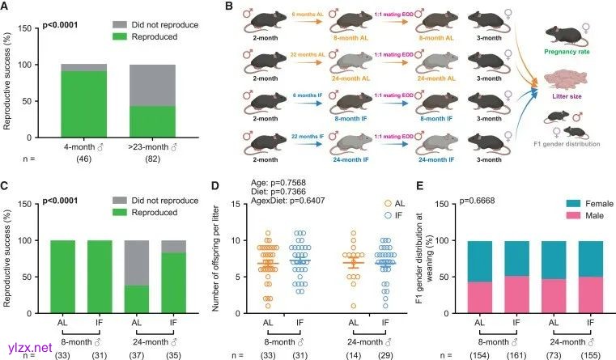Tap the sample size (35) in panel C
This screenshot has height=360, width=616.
(x=172, y=354)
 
